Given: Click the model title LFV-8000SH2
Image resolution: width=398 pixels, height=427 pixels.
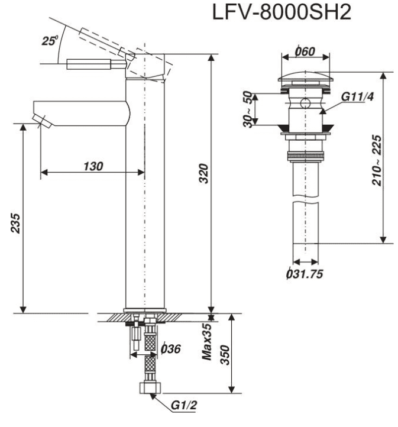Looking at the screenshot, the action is click(x=281, y=12).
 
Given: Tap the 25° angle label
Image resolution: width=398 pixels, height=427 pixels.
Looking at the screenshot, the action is click(x=50, y=41).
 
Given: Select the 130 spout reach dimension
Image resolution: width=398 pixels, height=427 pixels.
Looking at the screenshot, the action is click(x=93, y=166).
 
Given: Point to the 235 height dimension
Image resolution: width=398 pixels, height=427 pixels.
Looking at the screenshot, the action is click(x=15, y=224).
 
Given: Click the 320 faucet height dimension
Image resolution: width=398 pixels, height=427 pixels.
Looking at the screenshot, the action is click(x=203, y=173).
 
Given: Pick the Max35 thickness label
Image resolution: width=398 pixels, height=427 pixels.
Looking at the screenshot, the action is click(x=206, y=342).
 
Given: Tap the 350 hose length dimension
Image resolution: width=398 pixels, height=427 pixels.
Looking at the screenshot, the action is click(x=225, y=355).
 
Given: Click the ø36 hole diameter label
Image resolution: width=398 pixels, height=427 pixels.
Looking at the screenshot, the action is click(x=171, y=348).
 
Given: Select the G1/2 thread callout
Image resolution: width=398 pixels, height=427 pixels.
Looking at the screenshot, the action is click(x=183, y=406).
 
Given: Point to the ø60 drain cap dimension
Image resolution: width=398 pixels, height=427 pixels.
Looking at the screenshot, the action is click(x=305, y=51).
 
